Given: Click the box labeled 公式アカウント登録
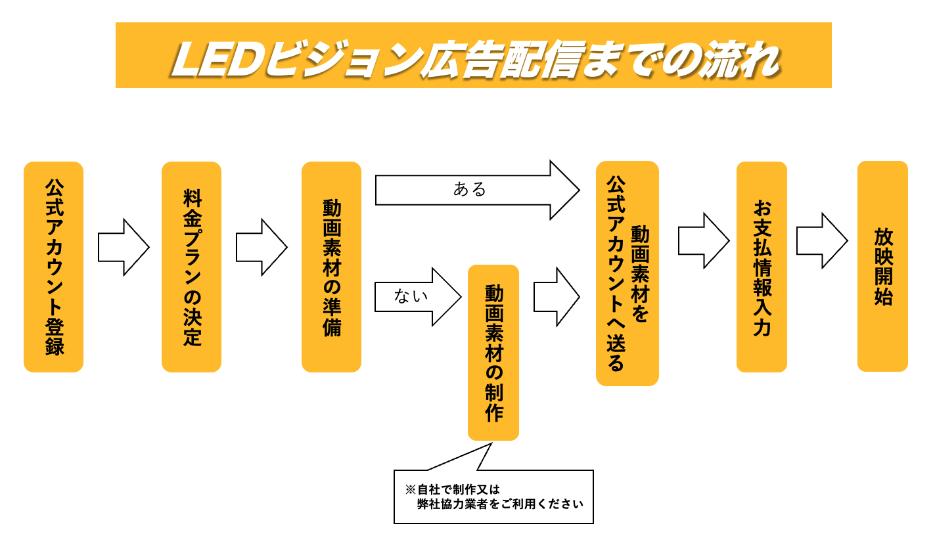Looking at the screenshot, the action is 54,267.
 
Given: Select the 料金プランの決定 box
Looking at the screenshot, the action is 192,267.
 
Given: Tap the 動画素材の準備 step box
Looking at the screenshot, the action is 332,267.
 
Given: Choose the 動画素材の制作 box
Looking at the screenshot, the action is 493,353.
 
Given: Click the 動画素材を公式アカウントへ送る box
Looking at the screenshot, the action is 627,274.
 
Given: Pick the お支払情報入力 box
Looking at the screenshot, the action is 762,267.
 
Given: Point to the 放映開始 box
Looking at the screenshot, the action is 882,267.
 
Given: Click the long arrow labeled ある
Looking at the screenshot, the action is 477,190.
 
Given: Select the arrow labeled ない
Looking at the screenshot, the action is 418,297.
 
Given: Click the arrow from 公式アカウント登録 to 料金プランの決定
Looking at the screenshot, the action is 124,247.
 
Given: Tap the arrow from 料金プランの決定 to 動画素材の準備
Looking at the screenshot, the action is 262,247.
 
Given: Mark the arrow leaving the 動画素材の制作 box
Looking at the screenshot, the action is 557,297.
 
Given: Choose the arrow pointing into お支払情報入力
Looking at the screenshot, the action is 704,241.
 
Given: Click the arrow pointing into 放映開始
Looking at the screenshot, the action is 822,241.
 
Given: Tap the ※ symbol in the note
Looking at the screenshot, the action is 410,489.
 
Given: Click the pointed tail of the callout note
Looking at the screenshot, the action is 491,443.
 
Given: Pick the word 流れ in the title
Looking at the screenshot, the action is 740,61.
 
